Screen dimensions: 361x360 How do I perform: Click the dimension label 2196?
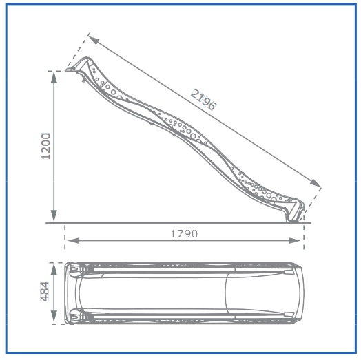pyautogui.click(x=203, y=100)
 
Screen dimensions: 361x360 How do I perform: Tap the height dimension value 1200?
pyautogui.click(x=45, y=147)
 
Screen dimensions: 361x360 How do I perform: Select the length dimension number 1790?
pyautogui.click(x=184, y=234)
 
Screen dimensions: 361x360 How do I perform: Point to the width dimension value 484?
pyautogui.click(x=45, y=291)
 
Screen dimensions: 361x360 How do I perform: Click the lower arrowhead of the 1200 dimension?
pyautogui.click(x=54, y=215)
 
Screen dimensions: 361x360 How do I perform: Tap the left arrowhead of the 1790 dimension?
pyautogui.click(x=74, y=241)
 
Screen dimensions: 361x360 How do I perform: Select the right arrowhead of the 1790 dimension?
pyautogui.click(x=295, y=241)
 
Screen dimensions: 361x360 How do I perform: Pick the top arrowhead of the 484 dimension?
pyautogui.click(x=54, y=269)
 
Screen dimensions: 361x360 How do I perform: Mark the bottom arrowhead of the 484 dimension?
pyautogui.click(x=54, y=317)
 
